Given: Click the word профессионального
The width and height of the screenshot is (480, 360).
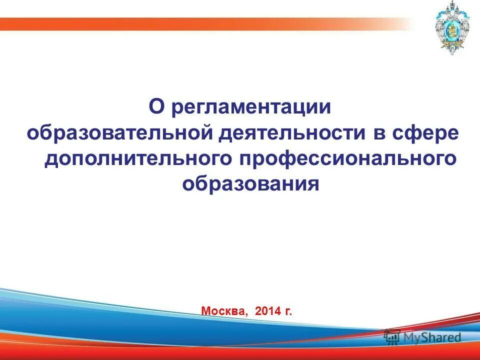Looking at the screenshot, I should point(350,158).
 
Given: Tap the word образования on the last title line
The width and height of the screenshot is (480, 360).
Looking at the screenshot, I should point(250,183).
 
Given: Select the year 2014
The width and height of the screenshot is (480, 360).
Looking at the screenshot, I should point(268,311).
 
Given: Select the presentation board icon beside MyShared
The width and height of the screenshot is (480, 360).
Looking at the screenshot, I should point(391,336).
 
